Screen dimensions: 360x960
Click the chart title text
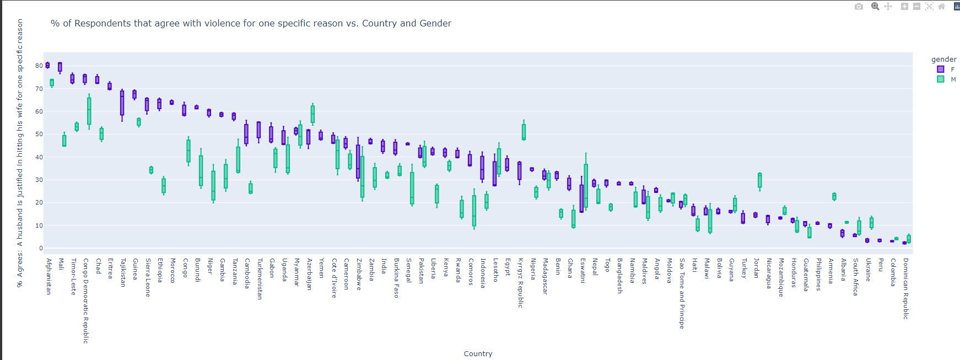click(251, 23)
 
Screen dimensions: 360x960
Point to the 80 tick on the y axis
click(39, 66)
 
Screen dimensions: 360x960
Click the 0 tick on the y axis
click(40, 248)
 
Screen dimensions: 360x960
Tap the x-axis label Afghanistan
click(48, 276)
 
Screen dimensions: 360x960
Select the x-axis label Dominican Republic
click(905, 288)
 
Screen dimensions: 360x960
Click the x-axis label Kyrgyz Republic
click(520, 283)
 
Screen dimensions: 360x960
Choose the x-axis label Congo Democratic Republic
click(85, 300)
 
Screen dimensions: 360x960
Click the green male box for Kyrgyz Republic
click(524, 132)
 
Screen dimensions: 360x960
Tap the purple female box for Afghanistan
click(47, 66)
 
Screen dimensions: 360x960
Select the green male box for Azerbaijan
click(312, 114)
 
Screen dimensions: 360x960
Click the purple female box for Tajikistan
click(122, 103)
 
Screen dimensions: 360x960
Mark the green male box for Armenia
click(834, 196)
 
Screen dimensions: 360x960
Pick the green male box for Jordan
click(760, 180)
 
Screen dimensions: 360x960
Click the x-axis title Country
click(478, 354)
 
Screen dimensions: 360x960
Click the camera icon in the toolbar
click(859, 7)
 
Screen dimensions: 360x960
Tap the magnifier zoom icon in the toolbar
click(875, 7)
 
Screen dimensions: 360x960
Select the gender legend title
click(943, 60)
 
